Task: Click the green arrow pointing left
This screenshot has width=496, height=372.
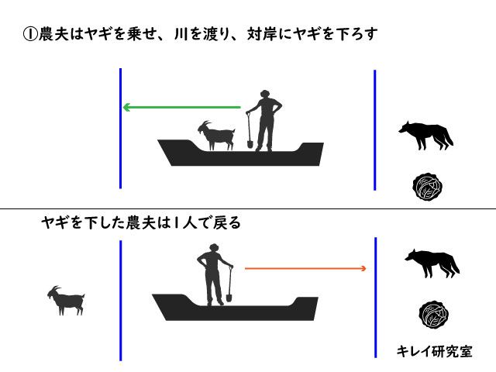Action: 181,107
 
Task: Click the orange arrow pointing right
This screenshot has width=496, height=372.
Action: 305,269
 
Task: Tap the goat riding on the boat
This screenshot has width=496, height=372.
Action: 217,136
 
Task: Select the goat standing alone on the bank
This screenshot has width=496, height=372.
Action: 67,301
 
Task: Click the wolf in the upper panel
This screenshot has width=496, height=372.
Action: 425,136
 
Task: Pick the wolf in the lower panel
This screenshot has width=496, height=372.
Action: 432,263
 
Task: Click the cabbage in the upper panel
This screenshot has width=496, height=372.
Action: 427,187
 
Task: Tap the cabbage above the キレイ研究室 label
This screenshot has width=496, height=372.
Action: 434,315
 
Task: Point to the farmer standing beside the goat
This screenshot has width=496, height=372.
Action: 264,121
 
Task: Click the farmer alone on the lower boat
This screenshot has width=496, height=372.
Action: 215,274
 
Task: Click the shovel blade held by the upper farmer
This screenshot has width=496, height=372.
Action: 250,144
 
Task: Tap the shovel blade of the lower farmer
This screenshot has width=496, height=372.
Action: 229,298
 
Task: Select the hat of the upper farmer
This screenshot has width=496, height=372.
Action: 264,93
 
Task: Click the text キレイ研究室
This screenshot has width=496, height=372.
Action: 434,351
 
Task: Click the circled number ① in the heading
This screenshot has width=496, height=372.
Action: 30,34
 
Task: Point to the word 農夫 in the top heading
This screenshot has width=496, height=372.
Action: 53,34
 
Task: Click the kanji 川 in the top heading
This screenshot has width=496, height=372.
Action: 181,34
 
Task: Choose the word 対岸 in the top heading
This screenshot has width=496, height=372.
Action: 263,34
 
